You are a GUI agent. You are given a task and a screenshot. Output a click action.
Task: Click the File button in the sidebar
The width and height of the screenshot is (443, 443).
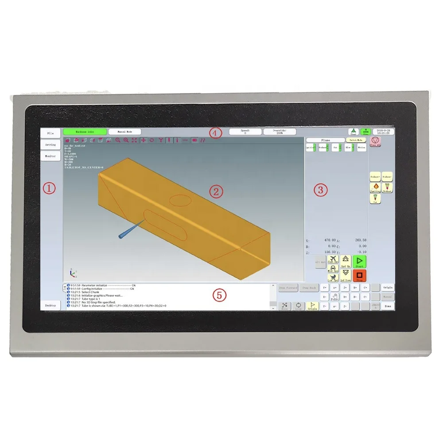[51, 133]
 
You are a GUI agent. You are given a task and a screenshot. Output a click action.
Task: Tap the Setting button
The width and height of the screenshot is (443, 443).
[51, 144]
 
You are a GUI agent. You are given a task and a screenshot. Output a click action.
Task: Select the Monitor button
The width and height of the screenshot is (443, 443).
[51, 156]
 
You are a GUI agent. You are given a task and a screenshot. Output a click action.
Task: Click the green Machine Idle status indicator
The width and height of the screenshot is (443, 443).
[84, 132]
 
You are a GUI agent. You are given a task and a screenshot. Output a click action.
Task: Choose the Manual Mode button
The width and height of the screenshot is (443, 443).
[124, 132]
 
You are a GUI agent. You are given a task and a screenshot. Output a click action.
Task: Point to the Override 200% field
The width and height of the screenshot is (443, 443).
[280, 132]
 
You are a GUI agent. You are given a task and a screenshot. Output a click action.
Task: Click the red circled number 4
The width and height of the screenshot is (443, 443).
[215, 132]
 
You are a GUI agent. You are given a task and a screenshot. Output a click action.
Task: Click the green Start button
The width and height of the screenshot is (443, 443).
[360, 261]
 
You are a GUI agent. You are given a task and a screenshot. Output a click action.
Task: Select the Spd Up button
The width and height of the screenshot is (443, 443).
[346, 261]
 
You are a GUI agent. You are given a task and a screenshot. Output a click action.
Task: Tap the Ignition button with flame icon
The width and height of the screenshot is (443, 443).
[375, 187]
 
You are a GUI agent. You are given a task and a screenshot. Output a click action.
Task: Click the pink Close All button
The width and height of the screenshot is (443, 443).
[375, 142]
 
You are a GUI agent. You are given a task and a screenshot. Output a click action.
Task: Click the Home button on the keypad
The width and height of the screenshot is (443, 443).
[388, 306]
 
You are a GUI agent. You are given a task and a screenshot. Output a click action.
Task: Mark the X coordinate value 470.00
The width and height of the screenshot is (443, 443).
[330, 240]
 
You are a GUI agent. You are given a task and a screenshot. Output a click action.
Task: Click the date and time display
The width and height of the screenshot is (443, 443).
[383, 132]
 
